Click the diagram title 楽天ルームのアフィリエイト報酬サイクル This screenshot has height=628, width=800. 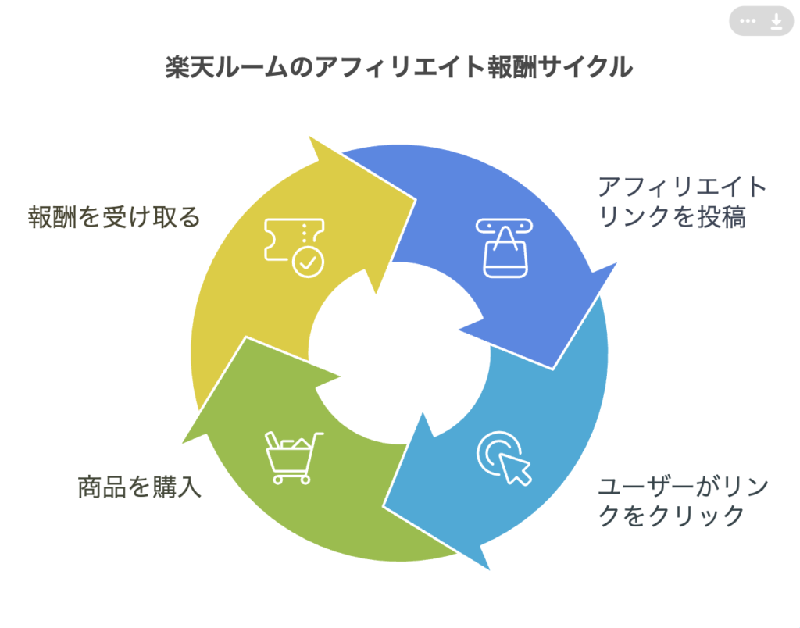coord(399,67)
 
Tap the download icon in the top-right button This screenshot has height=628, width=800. coord(776,21)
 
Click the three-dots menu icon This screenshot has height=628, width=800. coord(748,21)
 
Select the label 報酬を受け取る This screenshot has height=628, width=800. coord(114,217)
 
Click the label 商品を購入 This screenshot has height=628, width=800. coord(139,487)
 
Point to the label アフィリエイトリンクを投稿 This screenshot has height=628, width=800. coord(682,202)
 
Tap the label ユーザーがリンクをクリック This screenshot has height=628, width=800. coord(683,501)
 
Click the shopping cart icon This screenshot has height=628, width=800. coord(293,458)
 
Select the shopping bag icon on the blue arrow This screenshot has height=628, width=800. coord(505,248)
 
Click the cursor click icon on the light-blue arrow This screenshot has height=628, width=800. coord(504,459)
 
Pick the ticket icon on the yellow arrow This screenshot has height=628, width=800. coord(294,248)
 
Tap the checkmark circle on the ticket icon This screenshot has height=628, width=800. coord(308,262)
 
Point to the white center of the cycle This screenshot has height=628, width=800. coord(399,353)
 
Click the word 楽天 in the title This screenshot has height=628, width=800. coord(190,67)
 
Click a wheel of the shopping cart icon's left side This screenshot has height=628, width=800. coord(278,480)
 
